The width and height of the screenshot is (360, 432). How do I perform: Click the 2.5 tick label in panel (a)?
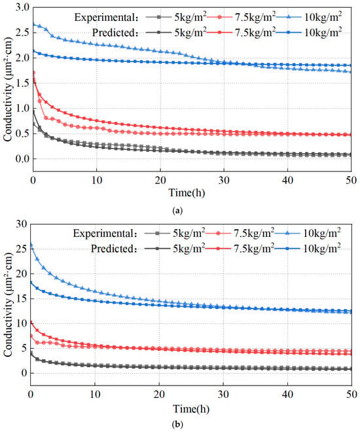click(22, 33)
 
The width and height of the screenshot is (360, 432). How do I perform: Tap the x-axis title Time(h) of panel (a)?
click(187, 192)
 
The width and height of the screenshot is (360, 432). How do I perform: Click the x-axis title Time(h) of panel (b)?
click(191, 409)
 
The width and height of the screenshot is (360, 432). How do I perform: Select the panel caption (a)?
click(177, 211)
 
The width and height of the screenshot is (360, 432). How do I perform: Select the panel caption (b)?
click(177, 425)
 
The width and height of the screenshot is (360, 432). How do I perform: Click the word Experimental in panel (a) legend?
click(104, 18)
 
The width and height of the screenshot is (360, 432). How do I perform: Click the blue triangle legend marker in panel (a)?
click(289, 18)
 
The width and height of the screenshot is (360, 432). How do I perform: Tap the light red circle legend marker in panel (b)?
click(219, 234)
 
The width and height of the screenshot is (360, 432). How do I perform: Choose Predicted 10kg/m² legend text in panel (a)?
click(323, 32)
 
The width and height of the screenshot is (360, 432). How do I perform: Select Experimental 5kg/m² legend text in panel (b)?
click(189, 234)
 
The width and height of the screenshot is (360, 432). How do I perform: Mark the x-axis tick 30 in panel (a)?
click(224, 181)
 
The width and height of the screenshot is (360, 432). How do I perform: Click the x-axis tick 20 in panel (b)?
click(159, 394)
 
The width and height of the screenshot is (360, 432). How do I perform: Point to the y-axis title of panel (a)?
click(8, 89)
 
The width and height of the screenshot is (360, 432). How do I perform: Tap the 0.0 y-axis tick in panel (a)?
click(22, 158)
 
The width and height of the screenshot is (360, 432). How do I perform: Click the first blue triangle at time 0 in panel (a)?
click(33, 24)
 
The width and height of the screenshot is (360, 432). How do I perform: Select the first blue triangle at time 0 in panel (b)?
click(31, 244)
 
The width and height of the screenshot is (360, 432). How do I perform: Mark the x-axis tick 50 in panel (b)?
click(351, 394)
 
